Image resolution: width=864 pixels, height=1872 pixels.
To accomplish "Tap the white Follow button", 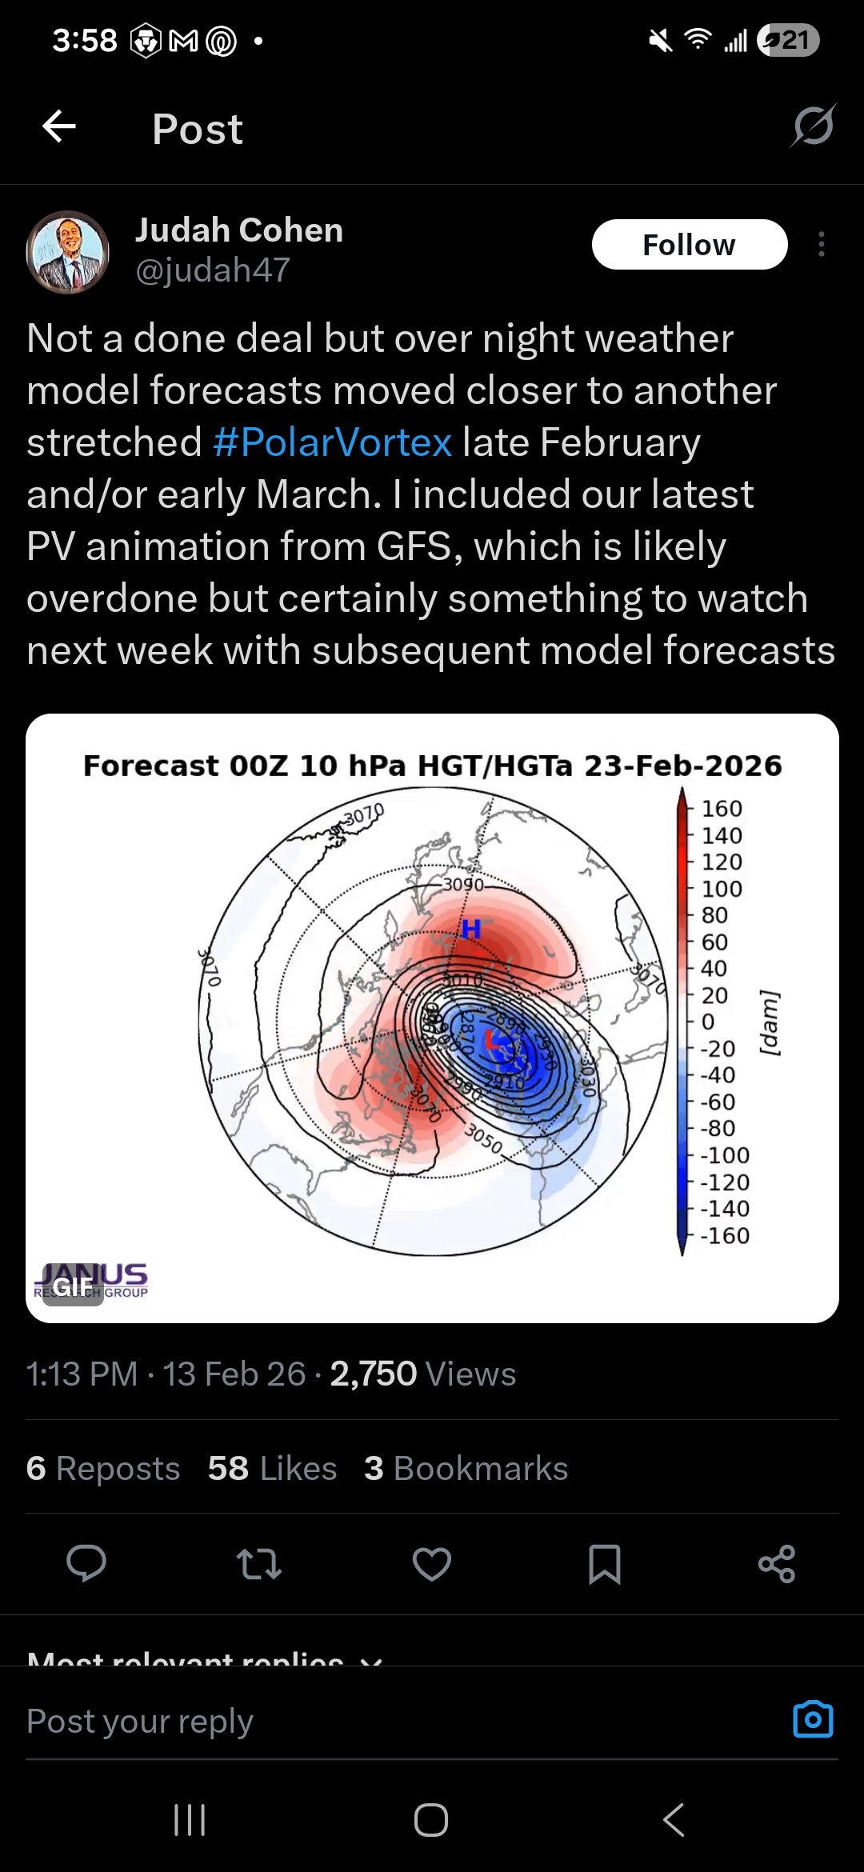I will tap(689, 245).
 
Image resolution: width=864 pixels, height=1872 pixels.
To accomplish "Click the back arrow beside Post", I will tap(59, 126).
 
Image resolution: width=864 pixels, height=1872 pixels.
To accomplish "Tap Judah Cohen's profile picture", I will tap(68, 252).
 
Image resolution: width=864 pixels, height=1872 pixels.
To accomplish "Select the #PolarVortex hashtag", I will tap(332, 442).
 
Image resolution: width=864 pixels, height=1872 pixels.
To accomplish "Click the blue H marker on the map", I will tap(471, 929).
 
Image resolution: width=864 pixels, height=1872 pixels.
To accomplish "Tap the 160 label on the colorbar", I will tap(722, 809).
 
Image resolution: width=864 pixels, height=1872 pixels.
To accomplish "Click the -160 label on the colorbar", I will tap(725, 1236).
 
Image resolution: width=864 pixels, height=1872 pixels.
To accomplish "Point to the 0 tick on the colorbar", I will tap(707, 1022).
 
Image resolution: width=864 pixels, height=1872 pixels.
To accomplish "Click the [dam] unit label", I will tap(770, 1023).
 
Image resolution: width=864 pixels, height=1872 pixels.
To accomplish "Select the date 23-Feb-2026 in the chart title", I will tap(682, 766).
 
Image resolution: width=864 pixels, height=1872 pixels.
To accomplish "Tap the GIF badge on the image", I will tap(73, 1286).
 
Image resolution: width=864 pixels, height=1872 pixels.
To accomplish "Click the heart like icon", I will tap(432, 1564).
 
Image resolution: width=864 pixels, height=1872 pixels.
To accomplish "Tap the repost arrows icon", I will tap(259, 1564).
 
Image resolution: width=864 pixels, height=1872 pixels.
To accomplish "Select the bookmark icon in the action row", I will tap(604, 1564).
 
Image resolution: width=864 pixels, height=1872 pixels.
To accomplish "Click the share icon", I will tap(777, 1564).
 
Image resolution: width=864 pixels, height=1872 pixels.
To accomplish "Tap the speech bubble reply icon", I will tap(86, 1564).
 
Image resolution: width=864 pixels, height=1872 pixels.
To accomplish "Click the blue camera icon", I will tap(813, 1719).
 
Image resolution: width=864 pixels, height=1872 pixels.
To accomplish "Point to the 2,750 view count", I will tap(373, 1374).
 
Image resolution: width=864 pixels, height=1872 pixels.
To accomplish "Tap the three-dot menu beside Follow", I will tap(822, 245).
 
